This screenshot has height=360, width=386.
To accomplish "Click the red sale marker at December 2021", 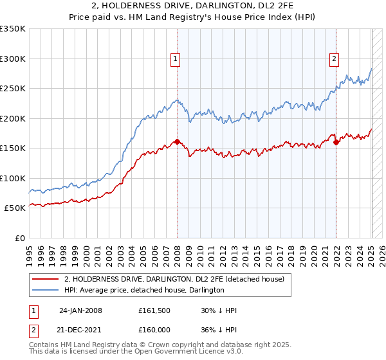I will coord(336,143).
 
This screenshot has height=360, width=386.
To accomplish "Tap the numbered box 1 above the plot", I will coord(175,60).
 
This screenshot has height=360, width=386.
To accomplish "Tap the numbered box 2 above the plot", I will coord(335,60).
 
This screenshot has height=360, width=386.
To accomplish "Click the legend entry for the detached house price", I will coord(178,280).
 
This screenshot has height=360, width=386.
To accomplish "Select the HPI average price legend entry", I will coord(144,291).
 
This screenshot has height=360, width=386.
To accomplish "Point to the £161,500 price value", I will coord(153,310).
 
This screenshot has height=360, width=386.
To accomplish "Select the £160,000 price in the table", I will coord(153,328).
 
